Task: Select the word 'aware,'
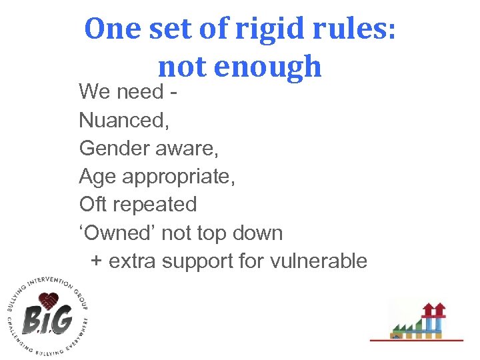pyautogui.click(x=187, y=148)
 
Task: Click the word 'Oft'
pyautogui.click(x=94, y=204)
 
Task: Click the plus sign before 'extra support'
pyautogui.click(x=97, y=261)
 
